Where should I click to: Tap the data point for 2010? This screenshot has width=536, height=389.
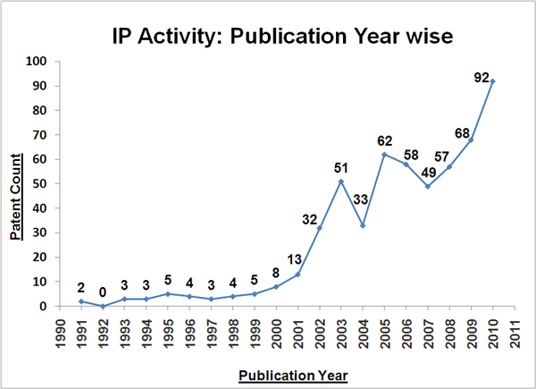tap(492, 81)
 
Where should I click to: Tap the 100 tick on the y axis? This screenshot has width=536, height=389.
tap(36, 62)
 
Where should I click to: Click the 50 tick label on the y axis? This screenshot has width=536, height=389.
tap(39, 184)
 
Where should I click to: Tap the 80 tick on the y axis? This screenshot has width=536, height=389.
tap(39, 111)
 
